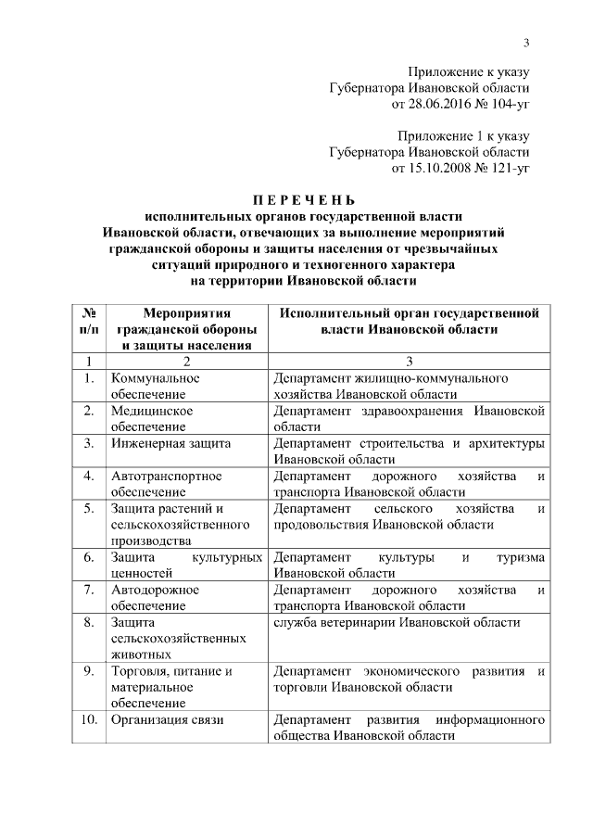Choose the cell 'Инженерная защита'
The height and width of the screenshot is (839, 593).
170,443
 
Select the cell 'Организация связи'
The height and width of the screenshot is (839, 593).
168,719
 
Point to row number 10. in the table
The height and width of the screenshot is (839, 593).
90,719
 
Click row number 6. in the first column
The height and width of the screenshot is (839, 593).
89,557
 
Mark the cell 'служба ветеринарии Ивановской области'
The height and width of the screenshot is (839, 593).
397,622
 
